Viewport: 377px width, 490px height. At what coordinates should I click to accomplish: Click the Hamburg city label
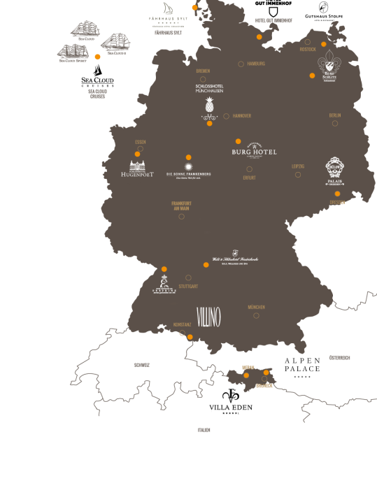point(256,64)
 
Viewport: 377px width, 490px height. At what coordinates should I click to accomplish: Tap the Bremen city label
point(203,71)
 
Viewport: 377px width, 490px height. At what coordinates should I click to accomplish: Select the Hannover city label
point(241,116)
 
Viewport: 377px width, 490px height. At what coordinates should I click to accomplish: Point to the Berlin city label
point(334,115)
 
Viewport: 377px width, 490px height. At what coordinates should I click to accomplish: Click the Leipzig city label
point(298,166)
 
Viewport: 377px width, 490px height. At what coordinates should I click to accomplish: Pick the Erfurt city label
point(249,178)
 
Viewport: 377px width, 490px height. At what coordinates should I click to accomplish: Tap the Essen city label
point(140,142)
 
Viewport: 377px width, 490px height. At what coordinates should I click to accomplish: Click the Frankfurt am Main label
point(181,206)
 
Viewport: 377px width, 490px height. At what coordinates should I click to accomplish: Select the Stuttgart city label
point(188,287)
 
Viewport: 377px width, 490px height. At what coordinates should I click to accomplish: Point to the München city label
point(256,307)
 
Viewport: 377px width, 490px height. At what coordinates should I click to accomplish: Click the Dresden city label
point(337,203)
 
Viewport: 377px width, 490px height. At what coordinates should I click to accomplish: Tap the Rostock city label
point(307,50)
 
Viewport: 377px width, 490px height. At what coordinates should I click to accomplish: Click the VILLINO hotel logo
point(208,317)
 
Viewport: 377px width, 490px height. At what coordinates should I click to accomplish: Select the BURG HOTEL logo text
point(254,152)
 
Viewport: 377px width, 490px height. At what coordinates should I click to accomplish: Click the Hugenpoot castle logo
point(136,168)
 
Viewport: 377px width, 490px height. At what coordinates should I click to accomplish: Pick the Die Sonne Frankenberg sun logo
point(188,167)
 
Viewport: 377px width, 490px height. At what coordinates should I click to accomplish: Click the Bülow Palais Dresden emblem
point(334,170)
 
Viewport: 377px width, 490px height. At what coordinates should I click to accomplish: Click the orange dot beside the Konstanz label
point(190,337)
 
